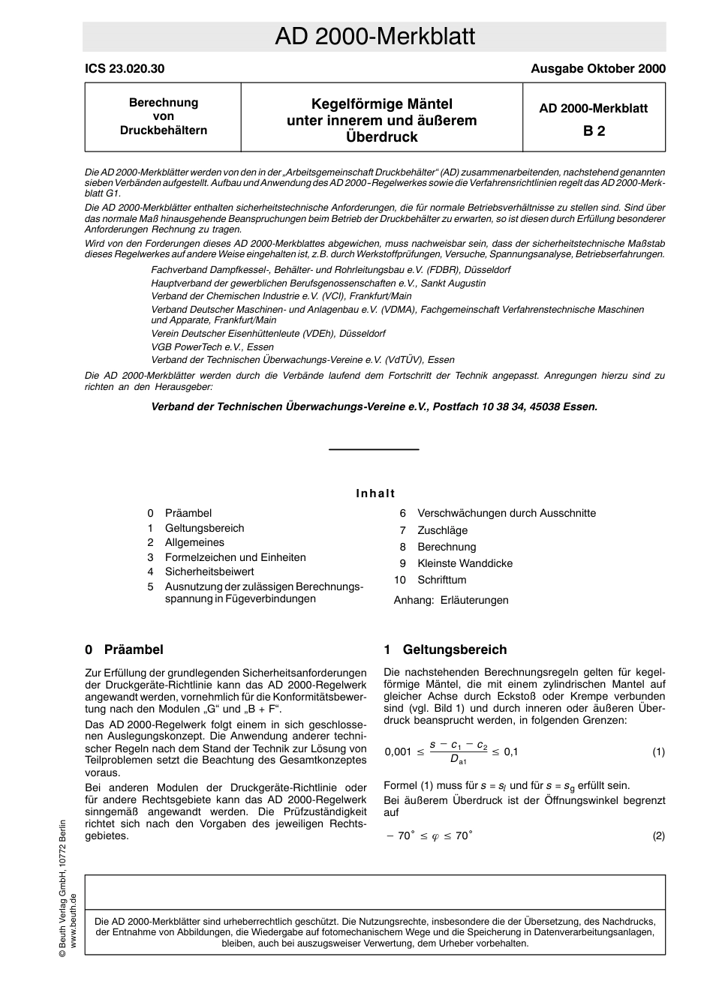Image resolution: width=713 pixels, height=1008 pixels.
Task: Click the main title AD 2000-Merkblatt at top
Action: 375,36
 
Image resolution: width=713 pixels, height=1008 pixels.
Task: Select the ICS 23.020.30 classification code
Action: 125,69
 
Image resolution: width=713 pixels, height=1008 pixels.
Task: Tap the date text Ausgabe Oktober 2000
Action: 597,69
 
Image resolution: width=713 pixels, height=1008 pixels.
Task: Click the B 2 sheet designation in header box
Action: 594,130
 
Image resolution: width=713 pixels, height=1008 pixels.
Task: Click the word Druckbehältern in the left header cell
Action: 164,130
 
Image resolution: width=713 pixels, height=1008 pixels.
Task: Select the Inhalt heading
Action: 375,493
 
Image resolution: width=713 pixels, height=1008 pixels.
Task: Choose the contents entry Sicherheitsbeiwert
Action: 209,571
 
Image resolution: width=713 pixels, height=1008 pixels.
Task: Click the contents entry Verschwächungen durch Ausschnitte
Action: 507,513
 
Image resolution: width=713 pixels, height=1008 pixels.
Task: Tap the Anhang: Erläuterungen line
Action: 451,600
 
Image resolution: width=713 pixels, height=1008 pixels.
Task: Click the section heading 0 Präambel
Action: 124,649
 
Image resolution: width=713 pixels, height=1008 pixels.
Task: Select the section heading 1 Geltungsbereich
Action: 445,649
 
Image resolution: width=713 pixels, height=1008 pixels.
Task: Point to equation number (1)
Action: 658,751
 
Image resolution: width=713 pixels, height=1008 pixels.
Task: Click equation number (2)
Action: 658,835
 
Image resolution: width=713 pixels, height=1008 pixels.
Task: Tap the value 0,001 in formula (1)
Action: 398,752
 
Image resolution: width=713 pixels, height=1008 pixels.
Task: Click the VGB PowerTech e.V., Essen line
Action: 212,346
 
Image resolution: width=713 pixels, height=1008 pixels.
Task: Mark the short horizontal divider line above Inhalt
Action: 374,449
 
